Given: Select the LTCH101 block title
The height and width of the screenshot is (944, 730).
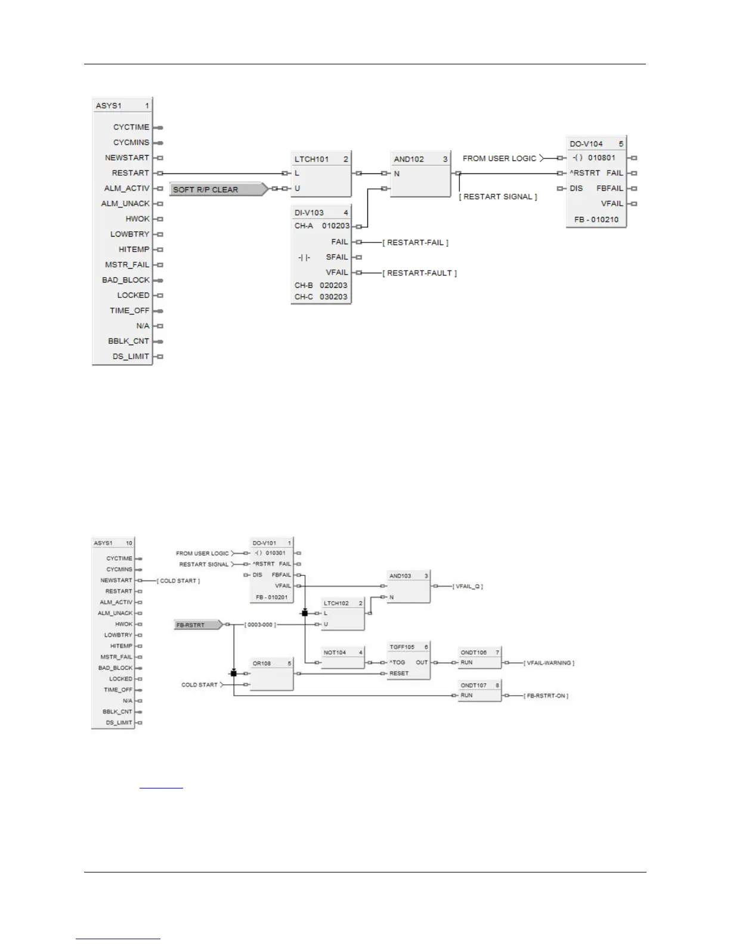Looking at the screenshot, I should click(x=311, y=159).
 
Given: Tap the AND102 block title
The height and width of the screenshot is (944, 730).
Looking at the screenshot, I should click(x=409, y=159).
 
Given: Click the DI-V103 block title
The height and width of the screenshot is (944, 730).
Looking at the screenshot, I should click(x=309, y=212).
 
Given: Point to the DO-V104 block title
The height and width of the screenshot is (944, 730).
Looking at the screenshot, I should click(x=586, y=144).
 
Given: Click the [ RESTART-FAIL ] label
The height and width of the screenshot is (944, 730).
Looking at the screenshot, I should click(x=415, y=243).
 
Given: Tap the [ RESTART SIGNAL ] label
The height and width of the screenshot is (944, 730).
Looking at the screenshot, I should click(x=497, y=197).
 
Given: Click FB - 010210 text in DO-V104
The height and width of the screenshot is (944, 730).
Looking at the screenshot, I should click(x=596, y=219).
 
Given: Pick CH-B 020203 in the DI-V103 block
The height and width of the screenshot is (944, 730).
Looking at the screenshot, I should click(x=321, y=285).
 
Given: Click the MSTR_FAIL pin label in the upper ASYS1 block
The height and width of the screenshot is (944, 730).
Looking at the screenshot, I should click(x=127, y=265).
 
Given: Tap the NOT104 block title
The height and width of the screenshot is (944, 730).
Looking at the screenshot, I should click(x=335, y=653).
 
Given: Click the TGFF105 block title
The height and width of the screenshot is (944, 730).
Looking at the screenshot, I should click(x=401, y=647).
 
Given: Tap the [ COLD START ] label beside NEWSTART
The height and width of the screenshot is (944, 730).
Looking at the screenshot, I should click(x=178, y=580).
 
